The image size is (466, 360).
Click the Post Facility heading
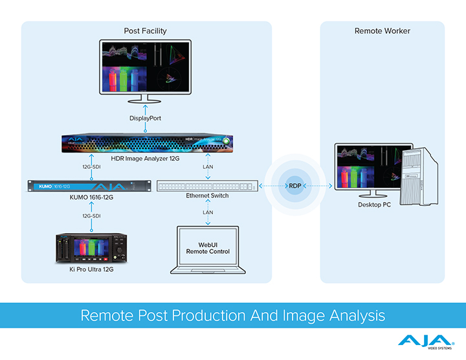pos(146,31)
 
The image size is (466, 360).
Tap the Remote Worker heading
pos(383,31)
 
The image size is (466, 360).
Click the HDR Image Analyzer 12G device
pos(146,142)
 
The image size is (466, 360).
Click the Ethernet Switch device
pos(207,186)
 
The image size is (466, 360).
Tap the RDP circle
pos(294,186)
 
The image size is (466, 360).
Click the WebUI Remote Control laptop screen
pos(207,247)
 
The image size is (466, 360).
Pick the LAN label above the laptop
pos(208,212)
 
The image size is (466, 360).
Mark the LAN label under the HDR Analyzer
pos(208,167)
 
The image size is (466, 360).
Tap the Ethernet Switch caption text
pos(207,196)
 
